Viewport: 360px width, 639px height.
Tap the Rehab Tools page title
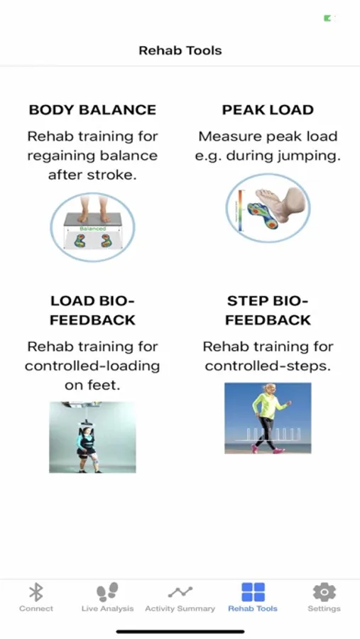[x=180, y=50]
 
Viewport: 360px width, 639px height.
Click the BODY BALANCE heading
[x=92, y=109]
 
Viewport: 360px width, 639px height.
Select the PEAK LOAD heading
[x=268, y=109]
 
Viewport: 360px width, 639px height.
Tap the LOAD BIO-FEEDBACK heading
[x=92, y=310]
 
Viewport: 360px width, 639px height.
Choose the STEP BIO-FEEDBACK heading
[x=268, y=310]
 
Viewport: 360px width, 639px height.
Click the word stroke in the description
[x=112, y=175]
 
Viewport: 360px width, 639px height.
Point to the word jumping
[x=296, y=156]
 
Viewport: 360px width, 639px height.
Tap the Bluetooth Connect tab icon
[x=36, y=591]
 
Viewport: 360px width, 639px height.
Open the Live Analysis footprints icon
[x=107, y=591]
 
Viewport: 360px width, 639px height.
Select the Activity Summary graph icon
[x=180, y=592]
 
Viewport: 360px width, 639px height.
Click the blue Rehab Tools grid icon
[x=253, y=591]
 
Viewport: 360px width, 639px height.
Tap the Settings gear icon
[x=324, y=591]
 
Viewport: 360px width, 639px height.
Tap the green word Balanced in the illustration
[x=92, y=229]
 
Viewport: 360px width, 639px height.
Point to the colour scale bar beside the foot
[x=241, y=212]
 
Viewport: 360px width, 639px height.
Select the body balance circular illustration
[x=92, y=227]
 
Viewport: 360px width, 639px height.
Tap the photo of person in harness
[x=92, y=437]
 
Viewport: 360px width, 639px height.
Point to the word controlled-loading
[x=92, y=366]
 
